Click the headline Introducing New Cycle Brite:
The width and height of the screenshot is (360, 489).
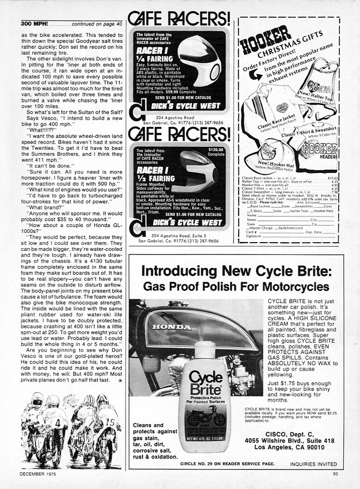(236, 272)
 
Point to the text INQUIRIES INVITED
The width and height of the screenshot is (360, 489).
(313, 464)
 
